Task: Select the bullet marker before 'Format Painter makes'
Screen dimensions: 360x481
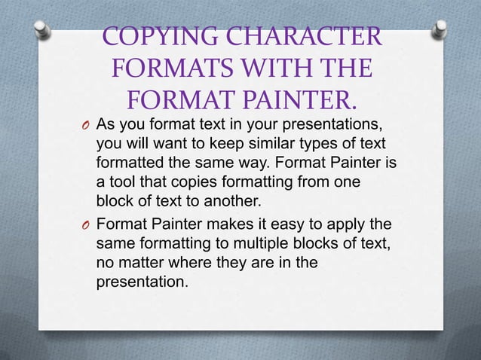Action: [x=85, y=224]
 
